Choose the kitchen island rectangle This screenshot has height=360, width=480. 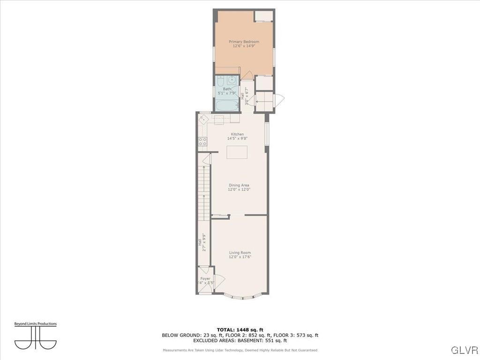[237, 152]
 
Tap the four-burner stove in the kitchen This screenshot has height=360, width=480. [202, 141]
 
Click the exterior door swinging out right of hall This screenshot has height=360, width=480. [279, 100]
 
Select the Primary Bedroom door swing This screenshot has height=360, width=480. [247, 76]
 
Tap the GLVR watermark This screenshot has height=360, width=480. [464, 350]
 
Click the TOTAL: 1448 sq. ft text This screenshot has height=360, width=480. [240, 330]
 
